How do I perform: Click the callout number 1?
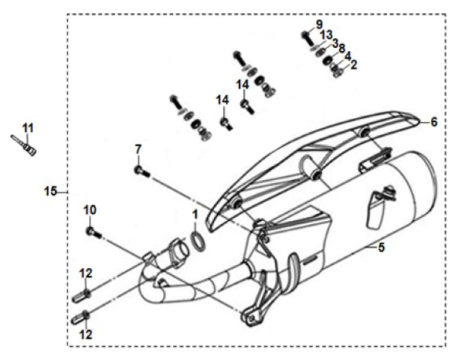[194, 214]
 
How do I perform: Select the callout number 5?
[382, 249]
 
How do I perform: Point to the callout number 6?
[433, 122]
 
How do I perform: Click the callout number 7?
[138, 149]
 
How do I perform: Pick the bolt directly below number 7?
[140, 170]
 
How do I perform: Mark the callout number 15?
[51, 191]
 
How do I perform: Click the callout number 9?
[319, 24]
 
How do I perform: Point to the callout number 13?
[326, 35]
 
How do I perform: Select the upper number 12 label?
[86, 273]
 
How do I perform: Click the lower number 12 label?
[85, 333]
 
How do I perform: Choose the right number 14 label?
[243, 83]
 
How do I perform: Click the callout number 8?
[341, 48]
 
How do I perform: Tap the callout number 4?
[347, 57]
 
